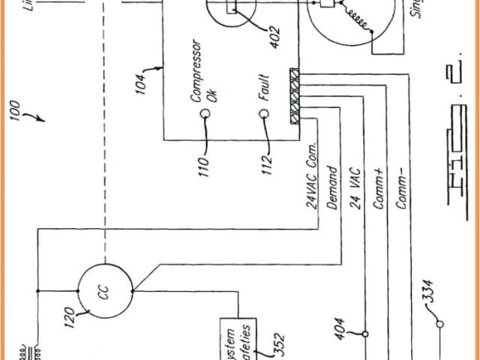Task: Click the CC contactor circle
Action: click(105, 290)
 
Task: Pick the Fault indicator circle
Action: click(264, 114)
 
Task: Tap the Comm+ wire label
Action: click(379, 189)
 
